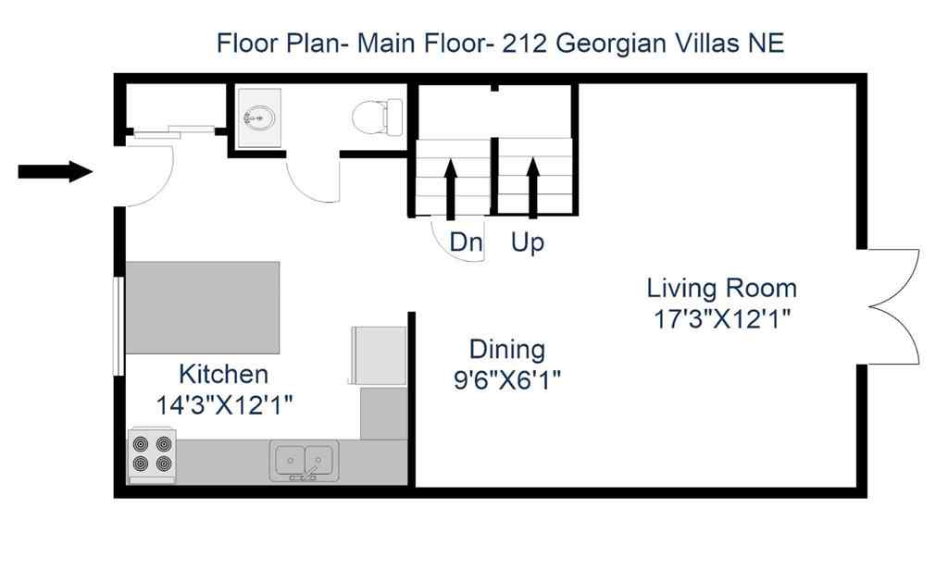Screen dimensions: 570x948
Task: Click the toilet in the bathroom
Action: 378,118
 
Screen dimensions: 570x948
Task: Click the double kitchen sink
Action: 304,460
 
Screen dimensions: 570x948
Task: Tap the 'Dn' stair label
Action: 467,242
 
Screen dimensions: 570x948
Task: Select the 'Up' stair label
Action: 528,243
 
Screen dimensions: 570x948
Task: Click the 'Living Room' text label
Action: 721,288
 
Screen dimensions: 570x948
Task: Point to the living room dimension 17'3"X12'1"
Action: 721,319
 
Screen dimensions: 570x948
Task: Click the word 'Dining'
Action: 506,350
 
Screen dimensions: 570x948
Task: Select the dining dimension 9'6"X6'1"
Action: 506,379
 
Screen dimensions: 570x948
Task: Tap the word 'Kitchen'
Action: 223,375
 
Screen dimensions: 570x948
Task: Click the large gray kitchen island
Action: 203,307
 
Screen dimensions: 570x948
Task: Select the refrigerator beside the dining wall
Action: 377,355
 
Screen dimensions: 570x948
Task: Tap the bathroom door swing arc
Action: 310,180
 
